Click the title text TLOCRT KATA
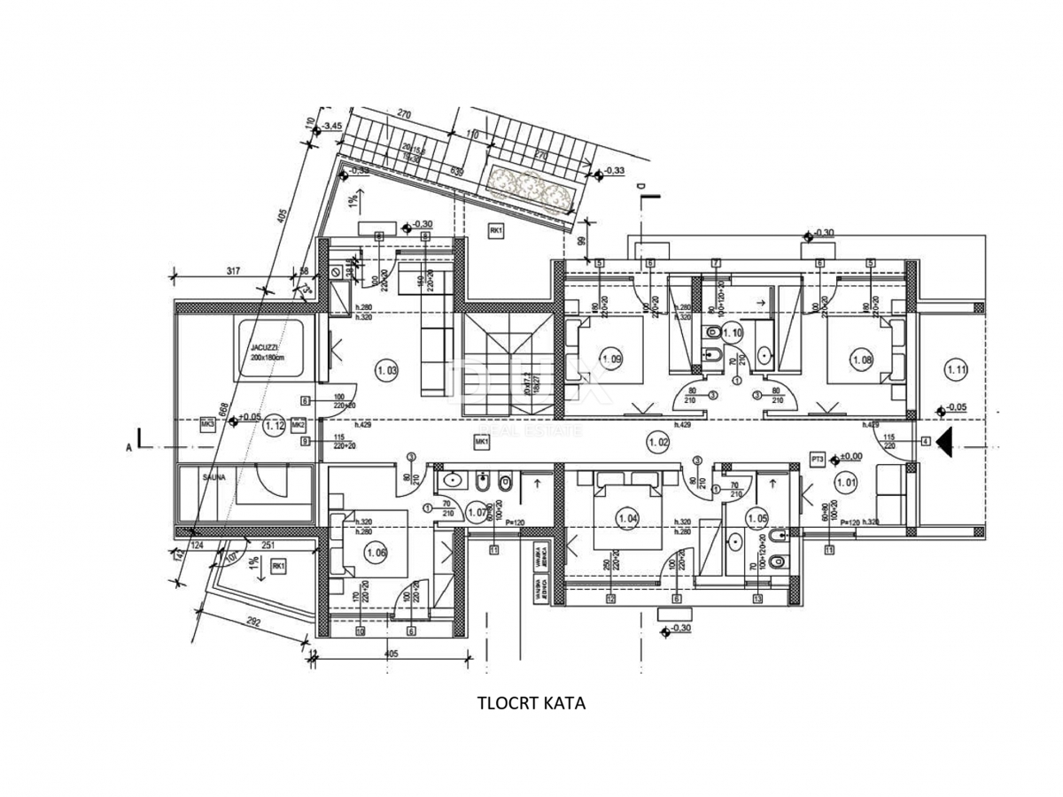click(x=531, y=703)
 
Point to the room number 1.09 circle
click(x=611, y=360)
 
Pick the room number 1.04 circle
click(x=628, y=518)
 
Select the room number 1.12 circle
click(x=275, y=424)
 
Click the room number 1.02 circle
click(x=656, y=439)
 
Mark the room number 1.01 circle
click(x=846, y=483)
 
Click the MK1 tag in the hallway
click(x=483, y=441)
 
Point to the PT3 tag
click(x=818, y=459)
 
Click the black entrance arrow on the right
click(x=945, y=441)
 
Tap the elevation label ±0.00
click(x=851, y=456)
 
